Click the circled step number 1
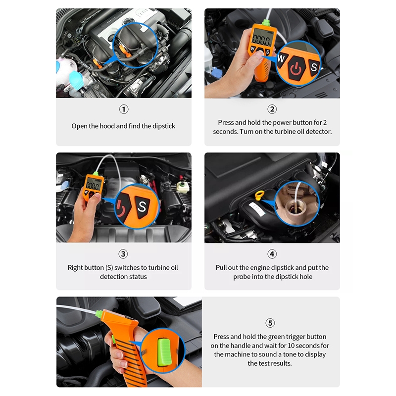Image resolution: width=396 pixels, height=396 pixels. (x=124, y=109)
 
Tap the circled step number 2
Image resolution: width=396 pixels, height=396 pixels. (x=272, y=109)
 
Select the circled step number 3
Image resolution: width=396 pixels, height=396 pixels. (x=123, y=254)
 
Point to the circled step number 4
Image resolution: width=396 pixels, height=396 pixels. (x=272, y=254)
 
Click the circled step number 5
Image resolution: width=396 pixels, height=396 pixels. (x=270, y=323)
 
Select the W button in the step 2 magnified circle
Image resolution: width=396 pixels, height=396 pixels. (x=282, y=59)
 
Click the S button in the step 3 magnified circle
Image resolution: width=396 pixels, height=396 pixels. (x=142, y=206)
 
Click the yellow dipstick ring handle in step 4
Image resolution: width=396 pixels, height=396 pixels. (x=260, y=196)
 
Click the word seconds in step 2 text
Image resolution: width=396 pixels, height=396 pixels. (x=225, y=132)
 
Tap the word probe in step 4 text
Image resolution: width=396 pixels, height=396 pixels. (x=242, y=277)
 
